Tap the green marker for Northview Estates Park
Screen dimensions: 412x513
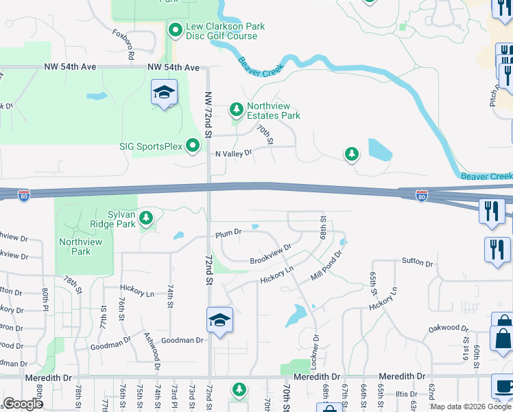coord(237,109)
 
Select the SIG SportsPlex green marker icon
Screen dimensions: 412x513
coord(193,145)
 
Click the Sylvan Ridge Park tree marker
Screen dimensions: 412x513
coord(146,218)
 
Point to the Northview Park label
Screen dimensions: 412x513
coord(80,247)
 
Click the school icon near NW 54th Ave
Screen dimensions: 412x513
coord(165,93)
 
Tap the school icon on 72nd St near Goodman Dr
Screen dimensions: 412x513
coord(219,321)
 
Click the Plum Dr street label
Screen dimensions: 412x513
coord(228,233)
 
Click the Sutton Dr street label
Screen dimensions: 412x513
coord(418,262)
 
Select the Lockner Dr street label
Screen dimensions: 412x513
coord(316,350)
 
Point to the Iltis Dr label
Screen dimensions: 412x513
coord(405,394)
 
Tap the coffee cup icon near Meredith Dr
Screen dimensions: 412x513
coord(502,385)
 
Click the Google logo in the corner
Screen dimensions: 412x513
coord(23,404)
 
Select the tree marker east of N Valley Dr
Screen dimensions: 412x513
coord(352,154)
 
